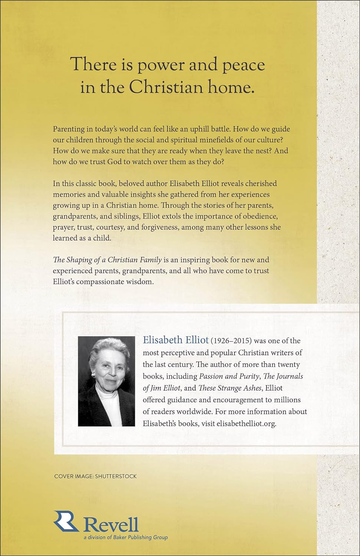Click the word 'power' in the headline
pos(161,66)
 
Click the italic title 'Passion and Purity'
pos(229,376)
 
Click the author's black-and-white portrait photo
pos(107,381)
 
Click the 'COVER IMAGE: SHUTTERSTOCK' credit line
pos(95,476)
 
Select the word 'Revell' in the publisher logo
pos(111,524)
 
